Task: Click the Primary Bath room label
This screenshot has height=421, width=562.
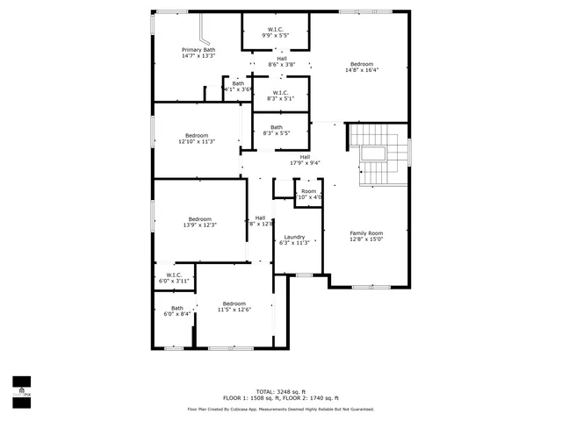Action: tap(198, 54)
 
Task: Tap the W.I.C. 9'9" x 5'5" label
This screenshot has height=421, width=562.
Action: tap(275, 32)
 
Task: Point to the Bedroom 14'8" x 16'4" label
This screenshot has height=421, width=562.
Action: tap(362, 68)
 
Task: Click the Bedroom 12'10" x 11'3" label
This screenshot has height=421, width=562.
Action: tap(197, 139)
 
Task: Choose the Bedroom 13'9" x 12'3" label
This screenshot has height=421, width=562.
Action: tap(199, 222)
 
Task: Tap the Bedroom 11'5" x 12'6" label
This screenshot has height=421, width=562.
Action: tap(234, 306)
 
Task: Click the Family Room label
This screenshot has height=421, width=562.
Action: tap(367, 236)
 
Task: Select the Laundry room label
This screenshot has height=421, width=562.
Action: tap(294, 239)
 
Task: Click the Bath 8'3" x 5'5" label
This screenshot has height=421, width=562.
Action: tap(277, 131)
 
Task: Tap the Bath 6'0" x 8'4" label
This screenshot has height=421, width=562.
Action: tap(177, 310)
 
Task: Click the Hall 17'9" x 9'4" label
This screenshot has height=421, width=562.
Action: tap(305, 160)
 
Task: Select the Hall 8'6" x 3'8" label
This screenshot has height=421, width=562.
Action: tap(281, 61)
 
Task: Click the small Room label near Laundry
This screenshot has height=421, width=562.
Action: tap(308, 194)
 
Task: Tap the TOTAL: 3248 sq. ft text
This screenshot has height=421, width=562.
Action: tap(281, 391)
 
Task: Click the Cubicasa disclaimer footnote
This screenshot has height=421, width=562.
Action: tap(281, 409)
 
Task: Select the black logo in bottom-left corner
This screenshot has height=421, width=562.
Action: tap(21, 387)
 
